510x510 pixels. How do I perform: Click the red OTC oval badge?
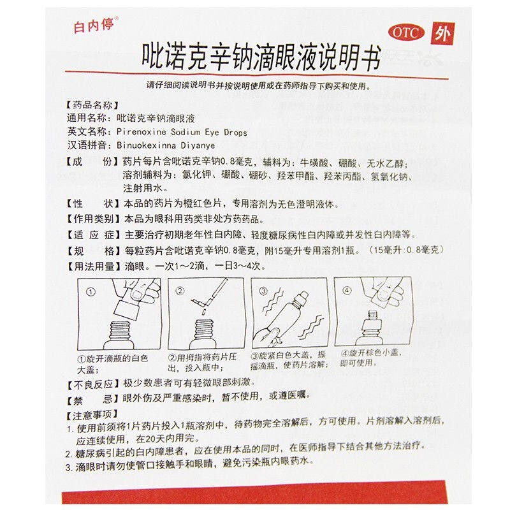[406, 33]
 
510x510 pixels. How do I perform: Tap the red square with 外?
[442, 34]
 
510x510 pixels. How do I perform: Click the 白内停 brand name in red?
[94, 25]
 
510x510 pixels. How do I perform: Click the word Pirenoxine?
[141, 132]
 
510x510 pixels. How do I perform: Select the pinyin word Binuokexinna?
[147, 145]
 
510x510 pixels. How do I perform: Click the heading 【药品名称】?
[92, 105]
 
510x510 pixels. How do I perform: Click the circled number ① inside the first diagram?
[91, 292]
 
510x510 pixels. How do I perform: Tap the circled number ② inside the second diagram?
[180, 291]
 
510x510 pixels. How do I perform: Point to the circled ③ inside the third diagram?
[263, 291]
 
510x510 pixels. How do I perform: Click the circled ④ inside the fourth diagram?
[347, 290]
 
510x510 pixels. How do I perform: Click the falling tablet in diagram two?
[203, 312]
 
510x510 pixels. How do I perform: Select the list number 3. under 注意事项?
[69, 468]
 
